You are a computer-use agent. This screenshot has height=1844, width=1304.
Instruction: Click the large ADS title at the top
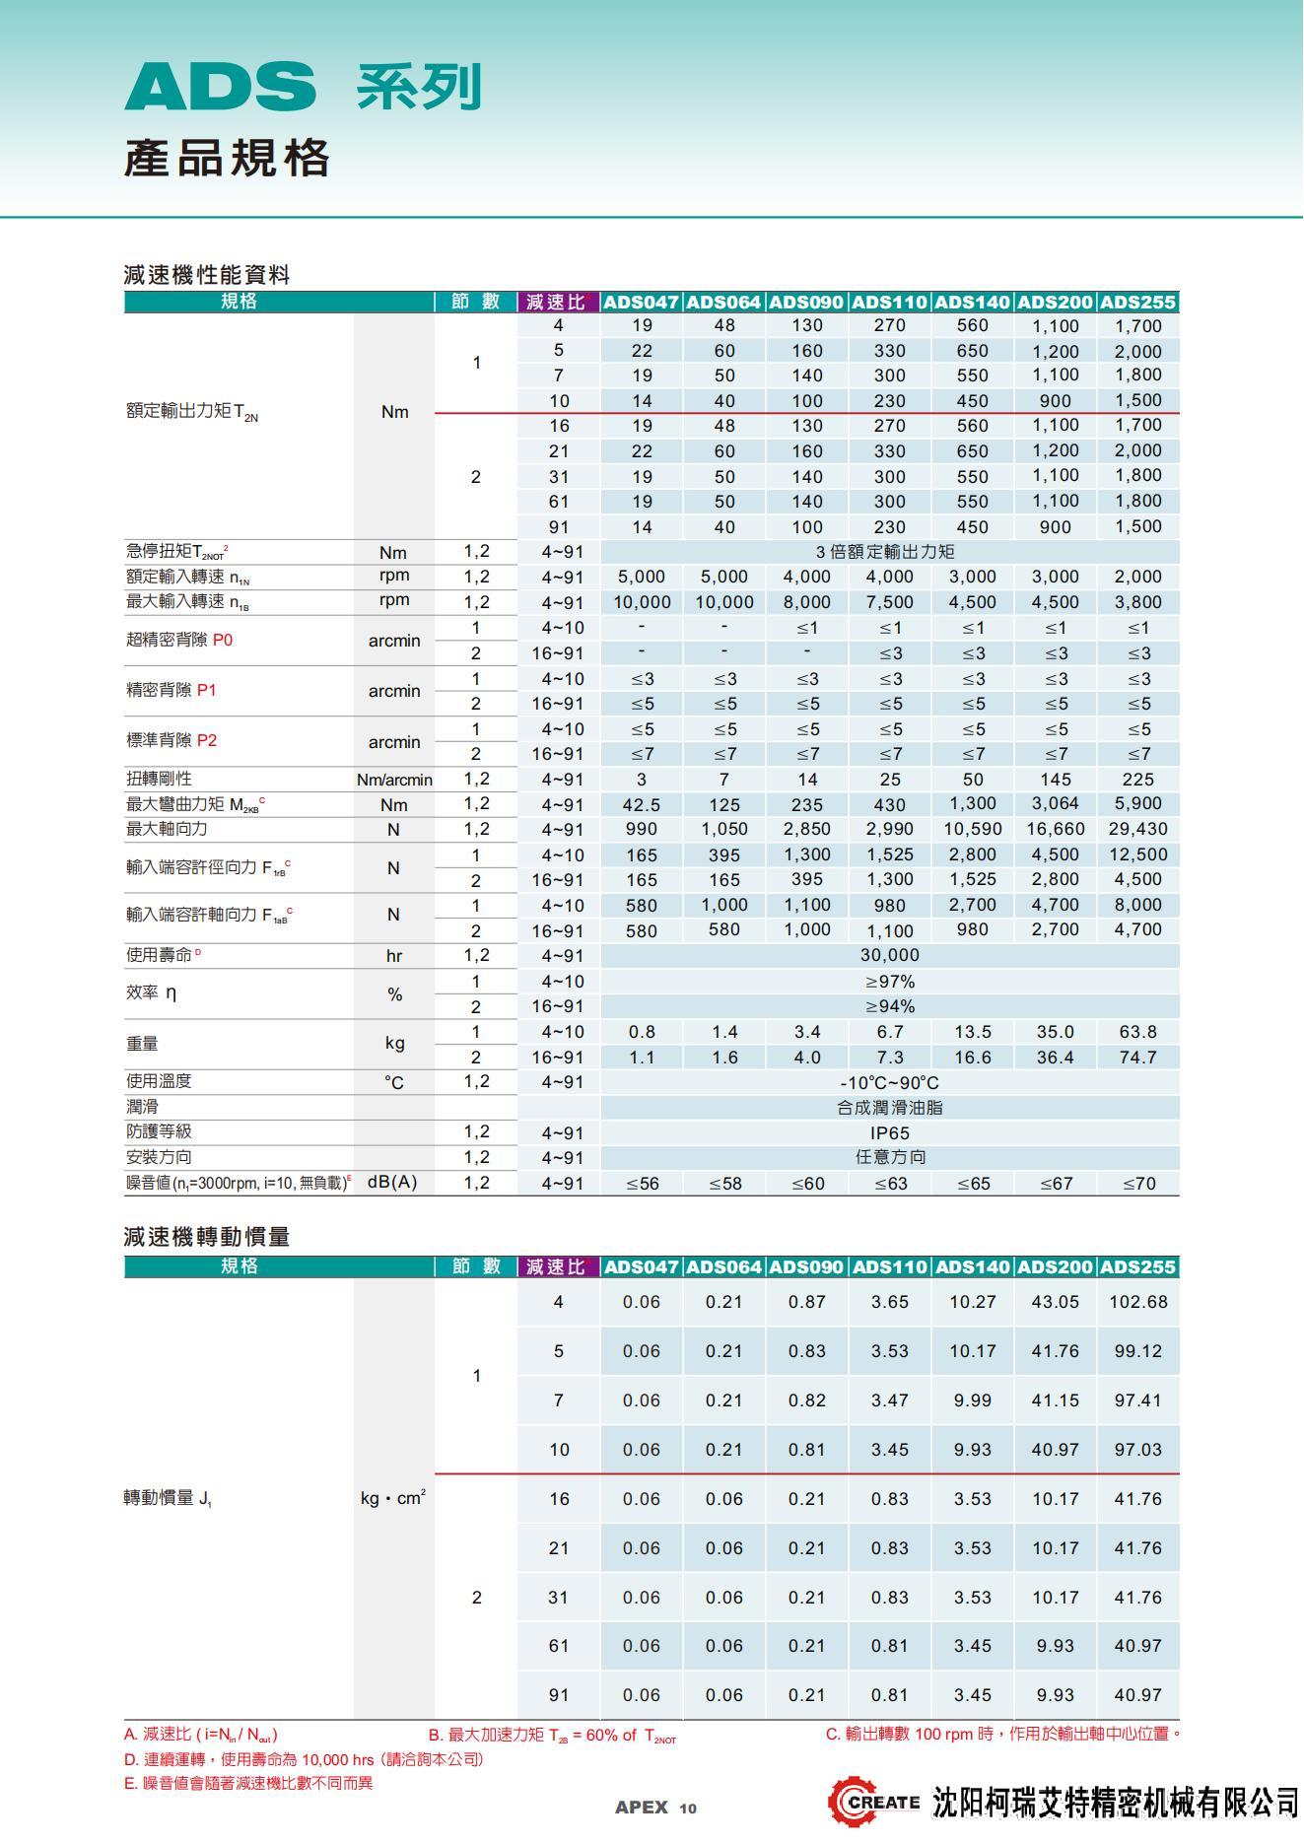point(220,87)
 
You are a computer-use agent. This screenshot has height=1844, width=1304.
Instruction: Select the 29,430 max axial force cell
point(1137,830)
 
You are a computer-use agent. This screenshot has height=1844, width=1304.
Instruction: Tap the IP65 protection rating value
point(889,1133)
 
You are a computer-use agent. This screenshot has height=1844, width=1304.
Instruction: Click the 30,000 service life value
point(889,955)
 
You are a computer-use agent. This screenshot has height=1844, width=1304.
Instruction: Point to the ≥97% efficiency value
point(889,982)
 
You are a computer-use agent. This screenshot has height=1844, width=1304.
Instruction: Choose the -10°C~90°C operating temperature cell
point(889,1083)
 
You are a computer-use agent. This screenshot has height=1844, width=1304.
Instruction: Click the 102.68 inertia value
point(1137,1302)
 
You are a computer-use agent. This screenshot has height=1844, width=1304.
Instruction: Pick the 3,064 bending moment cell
point(1055,804)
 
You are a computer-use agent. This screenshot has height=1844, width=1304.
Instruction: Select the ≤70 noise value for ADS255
point(1137,1184)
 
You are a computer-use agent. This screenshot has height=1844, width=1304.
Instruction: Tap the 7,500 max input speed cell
point(889,602)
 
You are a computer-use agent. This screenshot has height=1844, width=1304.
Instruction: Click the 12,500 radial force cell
point(1137,854)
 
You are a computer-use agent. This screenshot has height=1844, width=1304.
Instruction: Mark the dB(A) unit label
point(392,1182)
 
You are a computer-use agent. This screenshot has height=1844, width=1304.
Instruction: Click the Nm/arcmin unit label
point(394,780)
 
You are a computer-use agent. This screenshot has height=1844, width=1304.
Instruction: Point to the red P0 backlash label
point(222,640)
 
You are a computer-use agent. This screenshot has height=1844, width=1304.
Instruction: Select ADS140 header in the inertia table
point(972,1267)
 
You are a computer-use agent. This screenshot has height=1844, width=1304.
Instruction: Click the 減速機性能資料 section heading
point(207,274)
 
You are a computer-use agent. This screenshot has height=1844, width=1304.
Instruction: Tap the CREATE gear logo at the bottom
point(873,1802)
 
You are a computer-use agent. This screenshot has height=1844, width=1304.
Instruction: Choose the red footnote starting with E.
point(248,1783)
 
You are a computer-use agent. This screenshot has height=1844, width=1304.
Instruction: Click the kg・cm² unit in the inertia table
point(393,1498)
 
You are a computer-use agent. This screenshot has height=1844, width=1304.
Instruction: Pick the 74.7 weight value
point(1137,1058)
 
